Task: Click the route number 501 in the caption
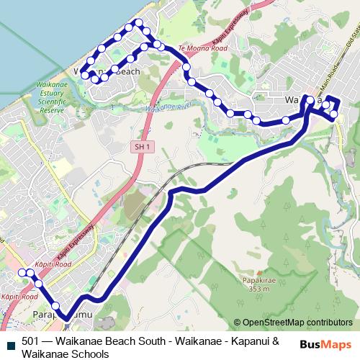point(31,341)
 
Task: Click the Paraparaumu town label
point(63,315)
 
